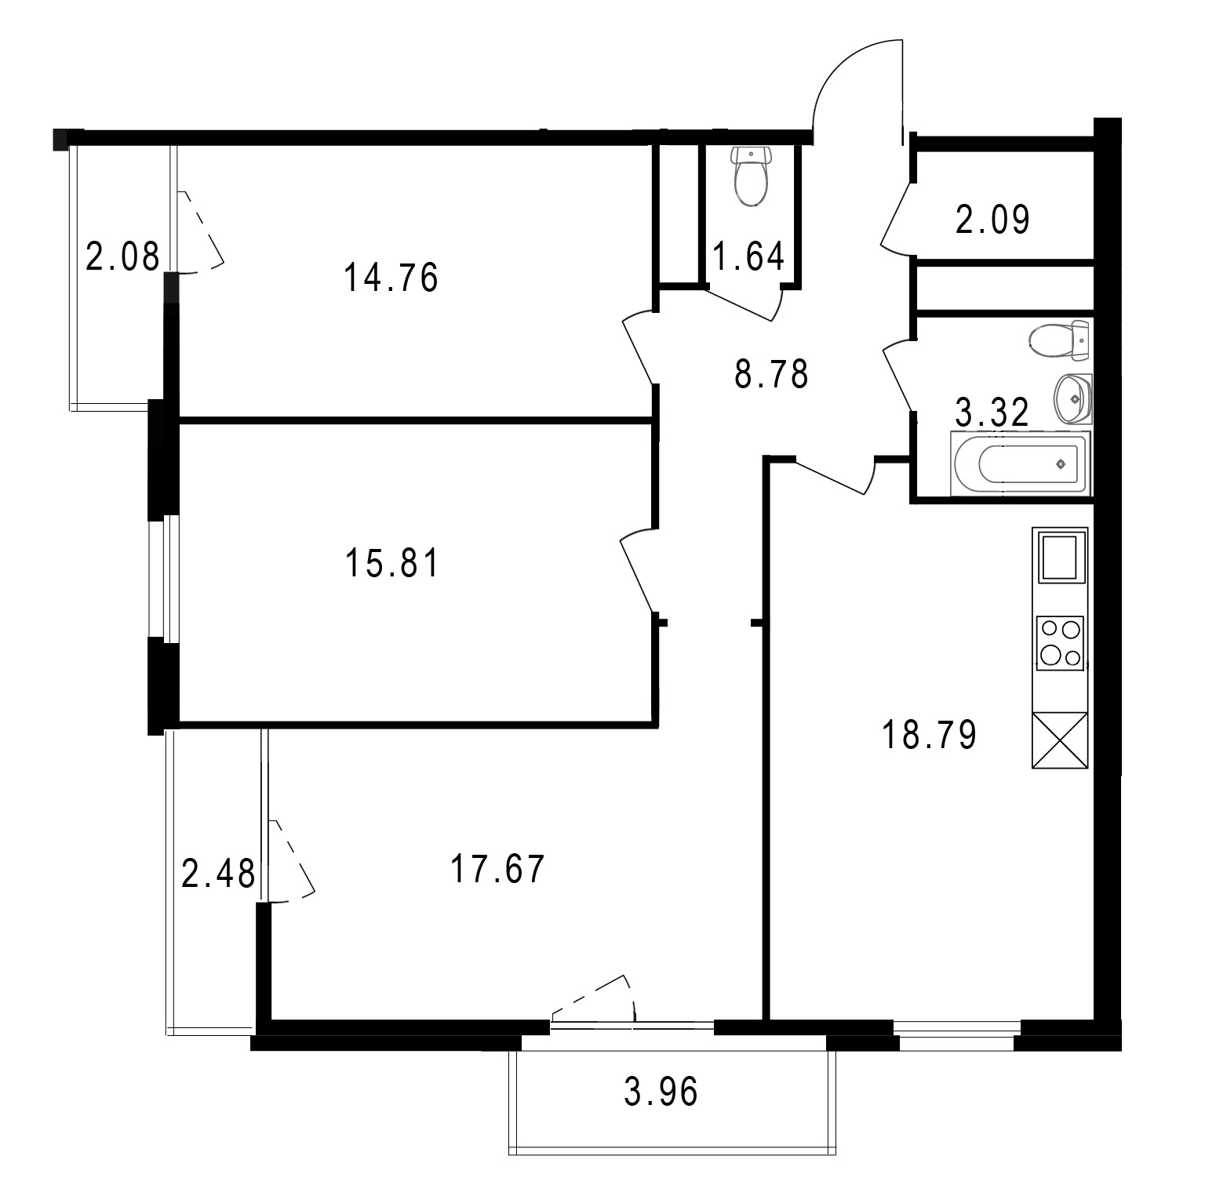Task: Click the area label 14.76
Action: tap(391, 278)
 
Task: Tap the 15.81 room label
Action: tap(392, 563)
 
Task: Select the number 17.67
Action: tap(497, 870)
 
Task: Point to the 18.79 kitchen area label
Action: tap(930, 736)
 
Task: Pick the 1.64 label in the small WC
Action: tap(748, 256)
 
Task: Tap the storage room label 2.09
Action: tap(992, 220)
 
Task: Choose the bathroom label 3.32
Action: tap(992, 413)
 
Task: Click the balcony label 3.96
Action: tap(661, 1092)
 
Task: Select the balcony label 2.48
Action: tap(218, 874)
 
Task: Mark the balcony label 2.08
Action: tap(122, 256)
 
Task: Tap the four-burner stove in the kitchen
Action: tap(1060, 643)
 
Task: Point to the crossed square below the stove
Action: tap(1060, 740)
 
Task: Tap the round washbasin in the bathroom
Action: tap(1072, 398)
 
